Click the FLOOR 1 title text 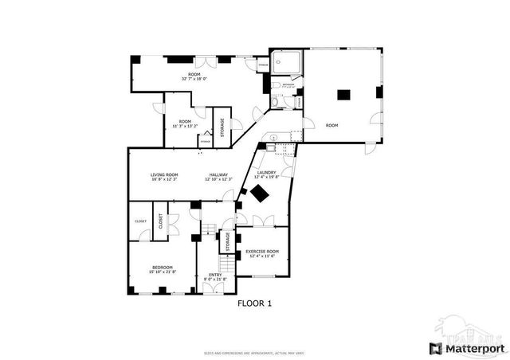255,303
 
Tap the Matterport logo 467,348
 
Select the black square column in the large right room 343,94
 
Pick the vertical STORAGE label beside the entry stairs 227,241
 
